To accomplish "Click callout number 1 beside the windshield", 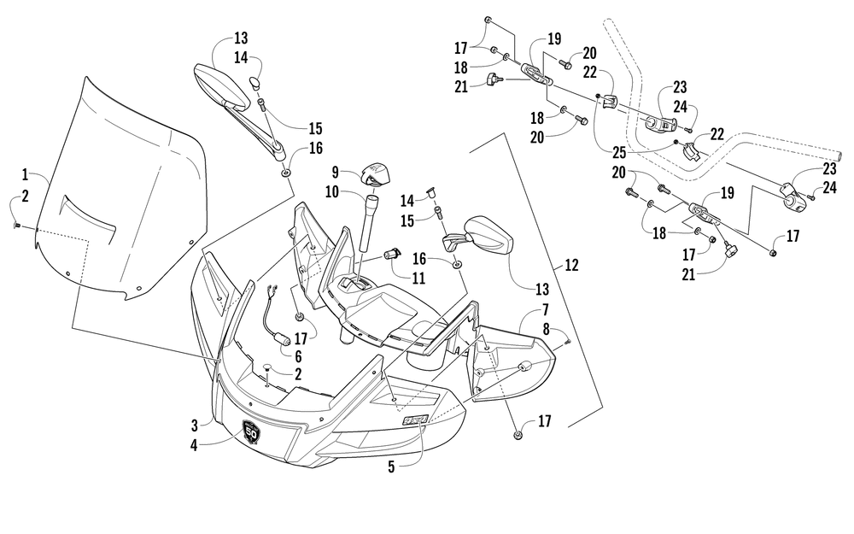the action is pos(25,174).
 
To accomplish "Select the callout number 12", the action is pos(570,266).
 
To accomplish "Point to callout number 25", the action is pos(618,152).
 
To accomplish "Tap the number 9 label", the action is pos(335,173).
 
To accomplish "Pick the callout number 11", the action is pos(418,279).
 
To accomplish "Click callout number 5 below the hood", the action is pos(391,467).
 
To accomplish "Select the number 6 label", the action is pos(298,357).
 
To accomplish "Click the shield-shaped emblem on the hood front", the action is pos(251,431).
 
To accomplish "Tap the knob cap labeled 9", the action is pos(375,173).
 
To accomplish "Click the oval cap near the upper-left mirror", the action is pos(254,82).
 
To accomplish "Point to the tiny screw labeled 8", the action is pos(567,341).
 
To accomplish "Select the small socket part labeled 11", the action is pos(392,253).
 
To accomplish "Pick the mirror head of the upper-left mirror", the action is pos(221,85).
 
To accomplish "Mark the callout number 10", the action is pos(332,191).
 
